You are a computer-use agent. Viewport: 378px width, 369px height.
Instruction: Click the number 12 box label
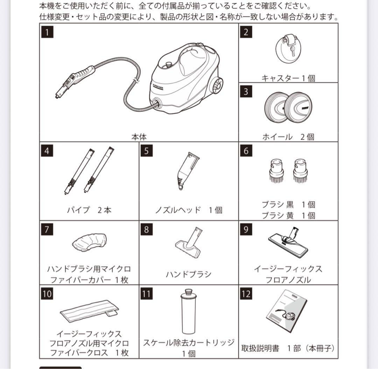click(246, 293)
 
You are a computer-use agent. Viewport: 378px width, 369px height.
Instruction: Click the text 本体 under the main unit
click(139, 136)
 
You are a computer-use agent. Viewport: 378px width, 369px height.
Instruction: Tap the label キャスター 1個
click(288, 78)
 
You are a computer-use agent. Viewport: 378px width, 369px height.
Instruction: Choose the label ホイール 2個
click(288, 137)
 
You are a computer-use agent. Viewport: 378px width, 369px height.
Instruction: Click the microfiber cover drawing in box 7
click(89, 242)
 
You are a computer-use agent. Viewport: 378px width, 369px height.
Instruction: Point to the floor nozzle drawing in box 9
click(288, 242)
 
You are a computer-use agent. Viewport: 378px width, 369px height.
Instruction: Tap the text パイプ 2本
click(89, 210)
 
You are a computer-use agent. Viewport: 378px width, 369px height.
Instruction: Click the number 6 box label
click(246, 151)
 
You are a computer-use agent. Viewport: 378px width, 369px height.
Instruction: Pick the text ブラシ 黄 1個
click(288, 215)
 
